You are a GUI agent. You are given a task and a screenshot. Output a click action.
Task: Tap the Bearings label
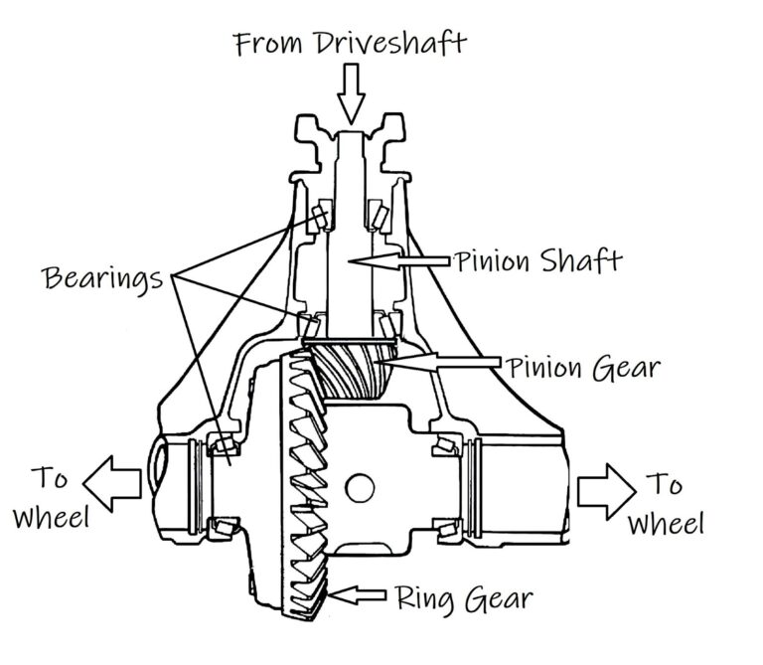point(103,277)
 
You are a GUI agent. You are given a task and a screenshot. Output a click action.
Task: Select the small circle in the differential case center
point(361,487)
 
